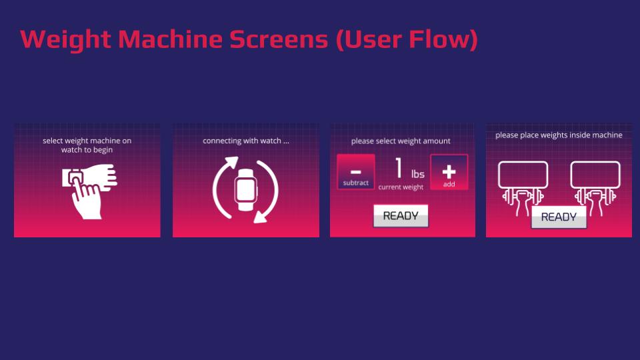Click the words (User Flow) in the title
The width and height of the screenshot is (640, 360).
pyautogui.click(x=407, y=39)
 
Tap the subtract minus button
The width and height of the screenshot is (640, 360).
pyautogui.click(x=356, y=172)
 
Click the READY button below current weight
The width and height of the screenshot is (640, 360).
pyautogui.click(x=401, y=216)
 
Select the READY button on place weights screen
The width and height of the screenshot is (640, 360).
pyautogui.click(x=559, y=217)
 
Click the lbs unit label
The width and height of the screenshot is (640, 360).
pyautogui.click(x=418, y=175)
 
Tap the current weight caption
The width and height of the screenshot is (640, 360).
pyautogui.click(x=401, y=187)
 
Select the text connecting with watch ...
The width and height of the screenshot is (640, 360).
pyautogui.click(x=246, y=141)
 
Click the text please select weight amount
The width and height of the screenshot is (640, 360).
pyautogui.click(x=401, y=141)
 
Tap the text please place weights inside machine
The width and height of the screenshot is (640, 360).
pyautogui.click(x=559, y=135)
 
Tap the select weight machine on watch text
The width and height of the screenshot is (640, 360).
pyautogui.click(x=87, y=145)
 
